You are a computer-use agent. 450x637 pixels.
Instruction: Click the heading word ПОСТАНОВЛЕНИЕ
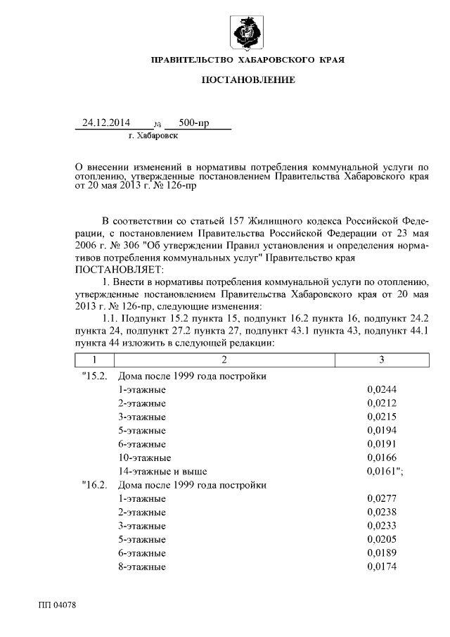(x=248, y=81)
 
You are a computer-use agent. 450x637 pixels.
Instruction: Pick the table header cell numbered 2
(x=224, y=360)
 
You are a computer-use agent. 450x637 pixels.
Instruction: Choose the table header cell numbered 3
(x=381, y=360)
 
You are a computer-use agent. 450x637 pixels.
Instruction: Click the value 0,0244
(x=381, y=390)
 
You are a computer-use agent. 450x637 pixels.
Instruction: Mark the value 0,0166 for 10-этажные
(x=381, y=458)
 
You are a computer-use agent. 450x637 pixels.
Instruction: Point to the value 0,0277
(x=381, y=498)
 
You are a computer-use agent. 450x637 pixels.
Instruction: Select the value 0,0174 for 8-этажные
(x=381, y=566)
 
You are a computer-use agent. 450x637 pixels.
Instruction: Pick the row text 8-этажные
(x=142, y=566)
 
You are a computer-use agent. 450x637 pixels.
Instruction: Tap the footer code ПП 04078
(x=57, y=605)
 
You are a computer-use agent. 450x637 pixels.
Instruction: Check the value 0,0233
(x=381, y=525)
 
